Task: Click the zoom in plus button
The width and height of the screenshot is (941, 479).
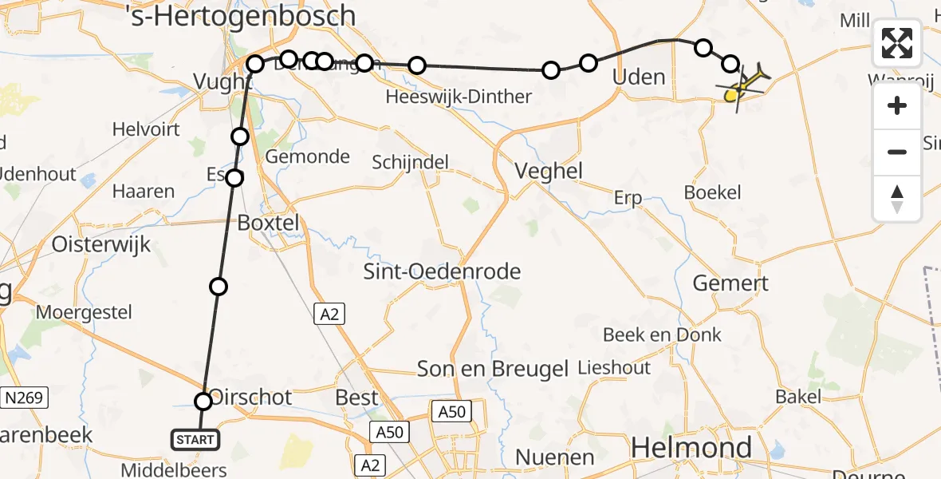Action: pyautogui.click(x=897, y=105)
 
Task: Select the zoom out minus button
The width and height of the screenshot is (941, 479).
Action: pyautogui.click(x=897, y=152)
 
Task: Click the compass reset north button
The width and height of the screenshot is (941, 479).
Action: pyautogui.click(x=897, y=199)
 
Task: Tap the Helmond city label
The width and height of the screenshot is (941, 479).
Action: pyautogui.click(x=691, y=447)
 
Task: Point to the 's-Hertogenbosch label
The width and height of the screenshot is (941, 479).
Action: pyautogui.click(x=241, y=15)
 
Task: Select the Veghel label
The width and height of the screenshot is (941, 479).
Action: pyautogui.click(x=549, y=171)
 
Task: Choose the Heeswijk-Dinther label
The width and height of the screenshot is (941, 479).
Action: pyautogui.click(x=458, y=97)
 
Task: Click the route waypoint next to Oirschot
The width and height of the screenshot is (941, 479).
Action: pyautogui.click(x=203, y=402)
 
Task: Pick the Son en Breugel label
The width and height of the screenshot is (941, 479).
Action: pyautogui.click(x=493, y=368)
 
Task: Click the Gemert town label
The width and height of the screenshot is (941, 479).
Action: pyautogui.click(x=730, y=283)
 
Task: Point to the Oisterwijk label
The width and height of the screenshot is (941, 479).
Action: pyautogui.click(x=100, y=244)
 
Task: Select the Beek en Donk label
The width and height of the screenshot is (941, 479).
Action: pyautogui.click(x=662, y=335)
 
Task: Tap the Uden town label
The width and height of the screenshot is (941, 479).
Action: pyautogui.click(x=638, y=77)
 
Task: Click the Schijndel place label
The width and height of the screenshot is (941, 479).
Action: pyautogui.click(x=410, y=162)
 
